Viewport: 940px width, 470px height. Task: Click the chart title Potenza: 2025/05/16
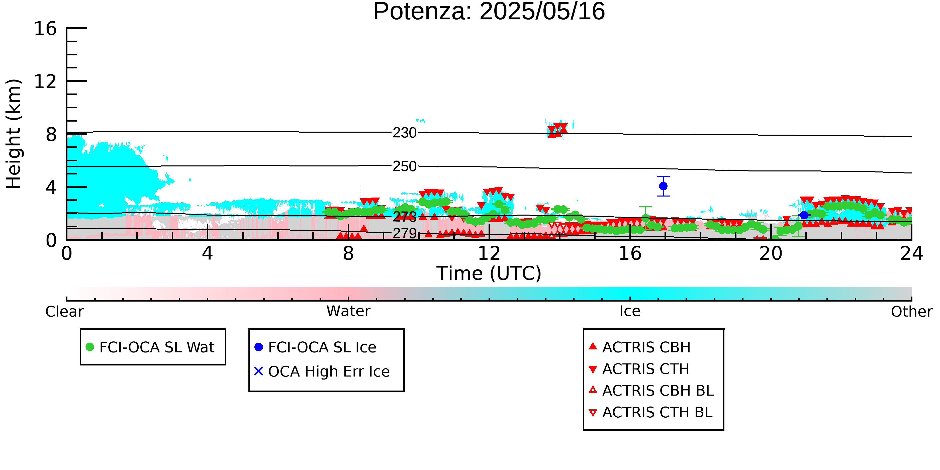pyautogui.click(x=489, y=12)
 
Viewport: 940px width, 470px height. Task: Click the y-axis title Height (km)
pyautogui.click(x=14, y=134)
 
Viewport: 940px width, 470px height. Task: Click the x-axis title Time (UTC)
pyautogui.click(x=489, y=273)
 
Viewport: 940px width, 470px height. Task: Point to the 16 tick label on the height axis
pyautogui.click(x=46, y=29)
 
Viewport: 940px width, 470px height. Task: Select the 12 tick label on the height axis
pyautogui.click(x=46, y=81)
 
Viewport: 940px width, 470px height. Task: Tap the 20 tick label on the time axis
pyautogui.click(x=771, y=253)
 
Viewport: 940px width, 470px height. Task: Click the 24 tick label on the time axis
pyautogui.click(x=911, y=253)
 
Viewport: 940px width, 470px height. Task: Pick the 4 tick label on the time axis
pyautogui.click(x=207, y=253)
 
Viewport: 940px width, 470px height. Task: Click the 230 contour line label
pyautogui.click(x=404, y=133)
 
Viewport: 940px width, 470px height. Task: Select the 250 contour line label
pyautogui.click(x=404, y=166)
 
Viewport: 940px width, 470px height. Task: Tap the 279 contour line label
pyautogui.click(x=404, y=233)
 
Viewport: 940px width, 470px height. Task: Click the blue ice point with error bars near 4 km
pyautogui.click(x=663, y=186)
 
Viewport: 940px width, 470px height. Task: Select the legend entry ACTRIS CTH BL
pyautogui.click(x=651, y=412)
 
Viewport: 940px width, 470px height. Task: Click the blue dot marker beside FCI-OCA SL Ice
pyautogui.click(x=259, y=347)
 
